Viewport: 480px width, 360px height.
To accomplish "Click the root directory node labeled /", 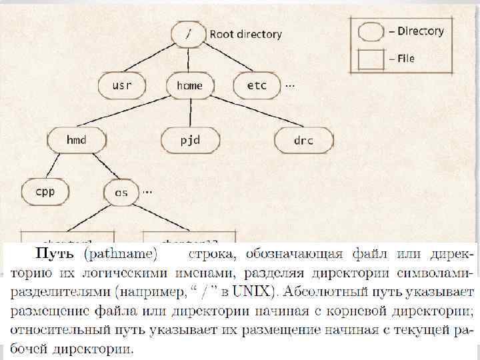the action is (x=189, y=33).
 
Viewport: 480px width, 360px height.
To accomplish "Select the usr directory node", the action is (x=122, y=85).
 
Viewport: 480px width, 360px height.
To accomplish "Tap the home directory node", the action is (x=189, y=85).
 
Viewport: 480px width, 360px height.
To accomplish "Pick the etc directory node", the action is (x=257, y=85).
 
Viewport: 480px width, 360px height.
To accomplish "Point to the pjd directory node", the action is (x=190, y=140).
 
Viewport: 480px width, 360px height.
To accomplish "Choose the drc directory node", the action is (x=303, y=140).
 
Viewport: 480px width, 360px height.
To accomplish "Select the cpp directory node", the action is (x=45, y=193).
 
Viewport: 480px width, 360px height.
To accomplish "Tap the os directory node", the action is (x=121, y=193).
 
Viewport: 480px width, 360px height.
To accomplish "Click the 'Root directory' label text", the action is (x=246, y=34).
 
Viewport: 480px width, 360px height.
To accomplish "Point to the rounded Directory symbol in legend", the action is (x=371, y=31).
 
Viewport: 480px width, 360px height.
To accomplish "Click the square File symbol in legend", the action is (x=371, y=59).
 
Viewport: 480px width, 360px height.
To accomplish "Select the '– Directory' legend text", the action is (x=416, y=31).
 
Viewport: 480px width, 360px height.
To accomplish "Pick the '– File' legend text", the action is (x=401, y=59).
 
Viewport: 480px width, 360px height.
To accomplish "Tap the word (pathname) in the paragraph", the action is (x=121, y=254).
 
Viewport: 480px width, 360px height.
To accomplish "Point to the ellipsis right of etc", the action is (x=290, y=85).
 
